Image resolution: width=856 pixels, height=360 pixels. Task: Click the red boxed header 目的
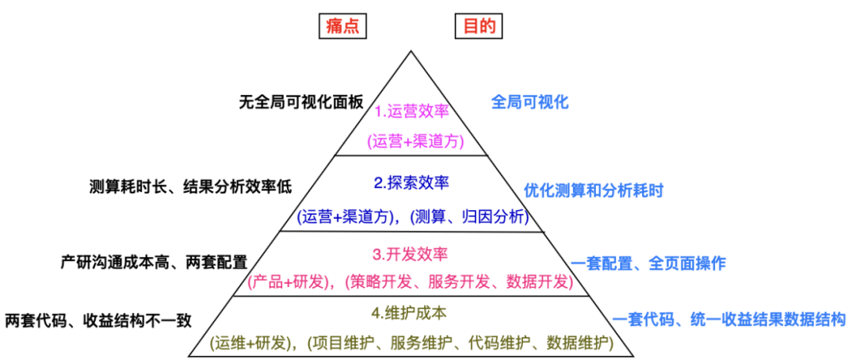pos(479,25)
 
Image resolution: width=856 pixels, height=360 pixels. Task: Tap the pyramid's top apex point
pos(411,52)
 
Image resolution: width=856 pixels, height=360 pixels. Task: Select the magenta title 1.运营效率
pos(411,110)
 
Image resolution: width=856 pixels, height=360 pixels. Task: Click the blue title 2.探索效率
pos(411,183)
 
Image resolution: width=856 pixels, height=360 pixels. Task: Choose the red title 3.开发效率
pos(411,255)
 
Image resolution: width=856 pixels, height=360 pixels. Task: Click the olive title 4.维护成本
pos(411,312)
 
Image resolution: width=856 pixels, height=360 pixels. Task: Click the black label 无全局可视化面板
pos(301,102)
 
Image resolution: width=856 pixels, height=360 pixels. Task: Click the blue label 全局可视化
pos(530,102)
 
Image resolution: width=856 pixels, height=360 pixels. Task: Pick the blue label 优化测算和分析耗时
pos(594,190)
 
